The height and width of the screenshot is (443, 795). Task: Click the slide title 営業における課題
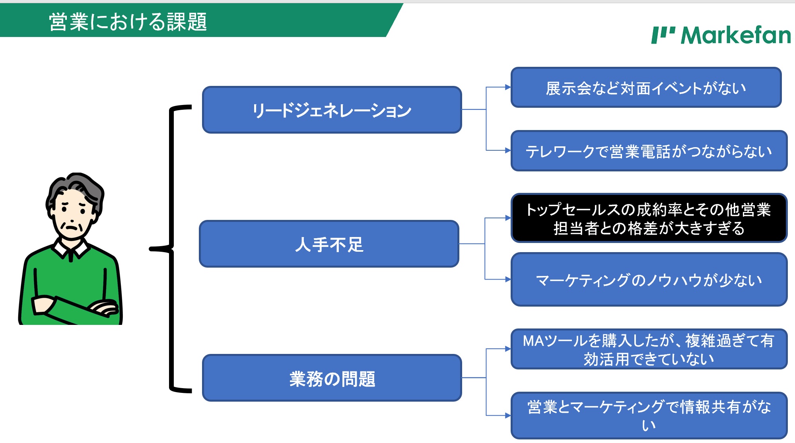pyautogui.click(x=128, y=21)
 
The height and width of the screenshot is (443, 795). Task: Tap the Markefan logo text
pyautogui.click(x=736, y=35)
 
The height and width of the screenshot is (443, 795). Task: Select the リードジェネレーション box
pyautogui.click(x=332, y=110)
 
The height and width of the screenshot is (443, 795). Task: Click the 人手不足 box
pyautogui.click(x=329, y=244)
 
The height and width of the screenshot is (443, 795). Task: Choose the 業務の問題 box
pyautogui.click(x=332, y=378)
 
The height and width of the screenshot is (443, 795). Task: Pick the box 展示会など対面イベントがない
pyautogui.click(x=646, y=87)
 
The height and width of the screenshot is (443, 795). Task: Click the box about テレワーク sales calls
pyautogui.click(x=649, y=151)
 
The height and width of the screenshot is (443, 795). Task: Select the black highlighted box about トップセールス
pyautogui.click(x=649, y=218)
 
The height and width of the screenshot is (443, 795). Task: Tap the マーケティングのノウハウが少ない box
pyautogui.click(x=649, y=280)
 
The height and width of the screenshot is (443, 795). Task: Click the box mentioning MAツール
pyautogui.click(x=649, y=349)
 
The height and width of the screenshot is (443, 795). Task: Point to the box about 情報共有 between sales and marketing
pyautogui.click(x=649, y=416)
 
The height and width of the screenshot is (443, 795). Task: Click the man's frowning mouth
pyautogui.click(x=72, y=228)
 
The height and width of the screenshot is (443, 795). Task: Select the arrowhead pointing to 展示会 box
pyautogui.click(x=508, y=87)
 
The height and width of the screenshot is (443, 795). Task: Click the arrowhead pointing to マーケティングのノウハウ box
pyautogui.click(x=508, y=280)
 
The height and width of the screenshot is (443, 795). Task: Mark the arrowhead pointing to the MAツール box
pyautogui.click(x=508, y=349)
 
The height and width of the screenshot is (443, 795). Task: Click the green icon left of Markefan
pyautogui.click(x=663, y=35)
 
